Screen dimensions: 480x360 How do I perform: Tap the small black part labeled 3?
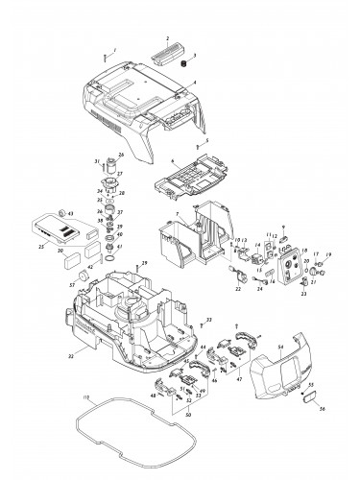180,63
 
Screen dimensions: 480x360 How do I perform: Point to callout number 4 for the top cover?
194,83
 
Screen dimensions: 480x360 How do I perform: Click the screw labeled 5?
191,140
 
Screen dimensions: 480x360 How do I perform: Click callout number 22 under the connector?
237,289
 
